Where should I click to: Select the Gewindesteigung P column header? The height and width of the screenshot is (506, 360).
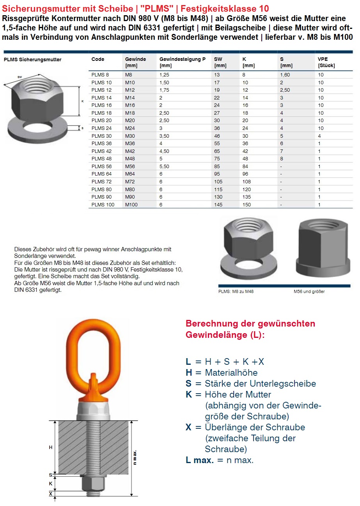coord(182,59)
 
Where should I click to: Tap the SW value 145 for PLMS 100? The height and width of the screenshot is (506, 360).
coord(218,204)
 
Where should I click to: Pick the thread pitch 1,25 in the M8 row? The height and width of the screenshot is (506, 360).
coord(164,75)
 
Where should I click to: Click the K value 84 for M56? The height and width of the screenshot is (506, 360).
coord(246,166)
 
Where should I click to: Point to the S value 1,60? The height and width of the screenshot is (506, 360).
coord(285,75)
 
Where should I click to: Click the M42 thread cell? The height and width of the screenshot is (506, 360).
coord(130,151)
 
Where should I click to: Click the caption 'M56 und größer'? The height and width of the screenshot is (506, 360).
coord(309,291)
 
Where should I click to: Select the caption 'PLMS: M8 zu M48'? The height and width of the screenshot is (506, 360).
coord(236,291)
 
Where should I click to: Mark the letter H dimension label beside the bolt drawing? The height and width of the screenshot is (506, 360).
coord(50,447)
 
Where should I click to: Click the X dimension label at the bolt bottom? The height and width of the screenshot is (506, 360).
coord(50,494)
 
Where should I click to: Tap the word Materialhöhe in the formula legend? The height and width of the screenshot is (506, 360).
coord(231,373)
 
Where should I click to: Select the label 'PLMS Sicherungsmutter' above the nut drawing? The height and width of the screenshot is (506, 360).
coord(32,60)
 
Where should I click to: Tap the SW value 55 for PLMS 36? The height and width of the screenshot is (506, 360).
coord(217,144)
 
